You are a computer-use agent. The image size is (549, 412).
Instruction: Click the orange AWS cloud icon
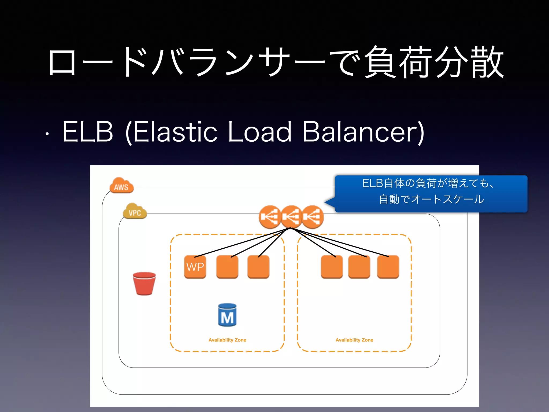(121, 185)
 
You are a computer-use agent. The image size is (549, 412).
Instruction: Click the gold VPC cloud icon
(135, 211)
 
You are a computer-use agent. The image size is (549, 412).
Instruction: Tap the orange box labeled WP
(195, 267)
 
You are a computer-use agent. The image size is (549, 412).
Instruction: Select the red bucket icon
(144, 284)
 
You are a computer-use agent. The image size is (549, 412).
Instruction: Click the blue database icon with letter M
(227, 315)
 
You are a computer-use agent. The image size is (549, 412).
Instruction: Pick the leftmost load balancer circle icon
(270, 217)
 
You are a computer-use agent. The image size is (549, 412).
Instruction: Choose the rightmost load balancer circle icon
(313, 217)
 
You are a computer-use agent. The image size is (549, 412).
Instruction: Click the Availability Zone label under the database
(227, 340)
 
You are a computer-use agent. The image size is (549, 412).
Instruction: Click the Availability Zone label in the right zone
(354, 340)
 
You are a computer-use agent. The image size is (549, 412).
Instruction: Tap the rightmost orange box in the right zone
(388, 267)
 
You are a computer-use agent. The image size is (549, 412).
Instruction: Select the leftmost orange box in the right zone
(332, 267)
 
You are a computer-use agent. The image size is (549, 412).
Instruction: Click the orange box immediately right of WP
(227, 267)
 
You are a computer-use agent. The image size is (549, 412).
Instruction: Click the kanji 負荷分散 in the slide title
(434, 62)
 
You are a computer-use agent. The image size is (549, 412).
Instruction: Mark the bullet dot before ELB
(47, 134)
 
